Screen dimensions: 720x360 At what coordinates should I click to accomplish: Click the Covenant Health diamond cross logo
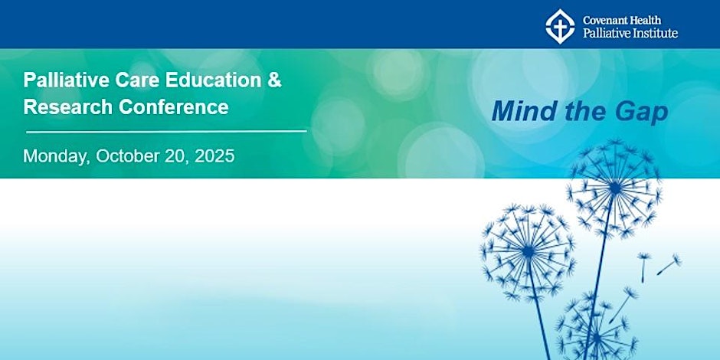pos(560,26)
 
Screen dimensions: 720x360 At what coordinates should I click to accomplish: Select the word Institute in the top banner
pos(654,33)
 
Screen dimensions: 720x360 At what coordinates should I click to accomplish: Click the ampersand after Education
pos(274,80)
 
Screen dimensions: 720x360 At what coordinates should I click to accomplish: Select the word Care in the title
pos(137,80)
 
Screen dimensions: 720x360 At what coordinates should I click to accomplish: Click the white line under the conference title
pos(166,131)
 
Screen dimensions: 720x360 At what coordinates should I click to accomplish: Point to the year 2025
pos(214,156)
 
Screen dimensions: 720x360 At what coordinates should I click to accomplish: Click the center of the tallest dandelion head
pos(614,188)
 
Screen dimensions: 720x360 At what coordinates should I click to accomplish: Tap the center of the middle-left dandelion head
pos(528,252)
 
